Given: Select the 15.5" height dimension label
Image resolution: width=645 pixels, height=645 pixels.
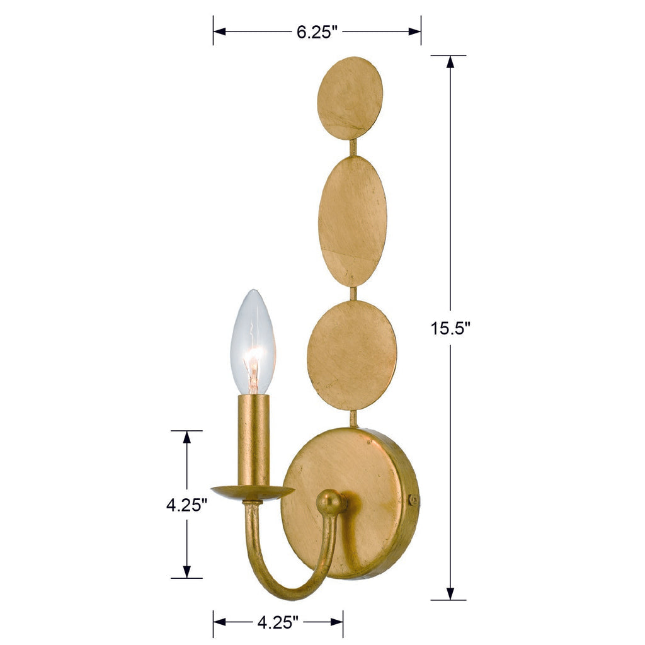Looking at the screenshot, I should coord(450,328).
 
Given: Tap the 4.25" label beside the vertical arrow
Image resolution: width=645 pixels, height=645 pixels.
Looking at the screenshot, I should coord(186,505).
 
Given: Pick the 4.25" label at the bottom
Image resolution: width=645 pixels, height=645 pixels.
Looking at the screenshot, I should coord(277,623).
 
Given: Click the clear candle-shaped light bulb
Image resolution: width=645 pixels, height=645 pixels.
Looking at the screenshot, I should coord(253,343).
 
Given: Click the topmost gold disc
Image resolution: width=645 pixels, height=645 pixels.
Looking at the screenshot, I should coord(350,98).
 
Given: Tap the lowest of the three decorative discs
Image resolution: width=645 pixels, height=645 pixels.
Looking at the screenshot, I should coord(351,355).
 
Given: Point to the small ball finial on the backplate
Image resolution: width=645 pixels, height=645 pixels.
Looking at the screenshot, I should coord(331,503).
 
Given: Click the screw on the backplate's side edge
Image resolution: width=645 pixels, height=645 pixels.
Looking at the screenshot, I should coord(413,500).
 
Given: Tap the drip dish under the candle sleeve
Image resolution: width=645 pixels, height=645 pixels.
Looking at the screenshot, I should coord(252,491).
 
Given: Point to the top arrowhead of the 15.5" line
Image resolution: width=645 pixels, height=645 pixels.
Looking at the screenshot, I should coord(450,62).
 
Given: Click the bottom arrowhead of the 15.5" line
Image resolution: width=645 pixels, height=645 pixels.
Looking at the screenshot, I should coord(450,593).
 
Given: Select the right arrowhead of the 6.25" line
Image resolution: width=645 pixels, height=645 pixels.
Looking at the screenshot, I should coord(415,31).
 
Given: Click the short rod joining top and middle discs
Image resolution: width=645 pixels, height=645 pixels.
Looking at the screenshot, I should coord(353,148).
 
